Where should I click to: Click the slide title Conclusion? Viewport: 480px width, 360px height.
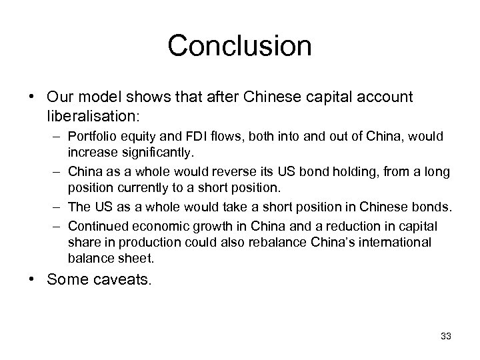coord(239,46)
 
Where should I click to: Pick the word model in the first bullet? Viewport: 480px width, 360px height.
coord(97,97)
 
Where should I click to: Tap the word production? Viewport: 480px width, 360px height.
coord(147,241)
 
